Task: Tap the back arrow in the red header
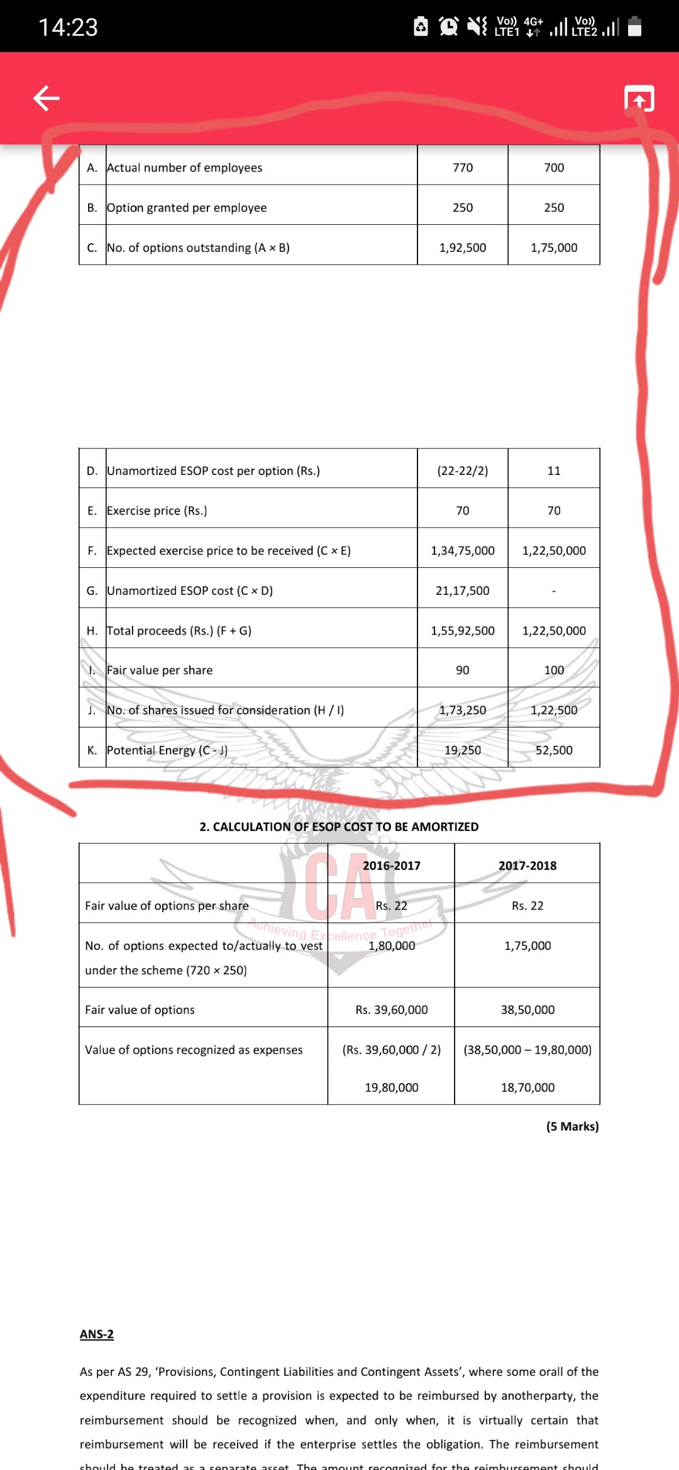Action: click(x=47, y=98)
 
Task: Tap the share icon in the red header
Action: click(x=639, y=99)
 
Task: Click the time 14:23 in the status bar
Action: click(x=68, y=27)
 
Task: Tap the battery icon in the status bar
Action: click(x=635, y=26)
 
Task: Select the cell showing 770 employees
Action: click(x=463, y=168)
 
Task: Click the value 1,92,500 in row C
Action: click(x=463, y=248)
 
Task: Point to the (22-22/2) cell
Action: click(x=463, y=471)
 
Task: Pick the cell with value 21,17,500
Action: click(x=463, y=591)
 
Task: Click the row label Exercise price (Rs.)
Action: click(x=157, y=511)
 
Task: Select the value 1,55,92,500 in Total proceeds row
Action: click(x=463, y=631)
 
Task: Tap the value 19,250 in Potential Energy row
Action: click(x=463, y=750)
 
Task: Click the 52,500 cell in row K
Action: click(x=554, y=750)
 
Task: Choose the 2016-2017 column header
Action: click(x=392, y=866)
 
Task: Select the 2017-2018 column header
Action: click(x=527, y=866)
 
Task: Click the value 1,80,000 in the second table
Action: click(x=392, y=945)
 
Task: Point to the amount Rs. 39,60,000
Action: click(x=392, y=1010)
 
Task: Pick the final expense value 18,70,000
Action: click(x=527, y=1087)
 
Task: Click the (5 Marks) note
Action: click(x=572, y=1126)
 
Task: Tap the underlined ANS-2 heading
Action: click(x=97, y=1334)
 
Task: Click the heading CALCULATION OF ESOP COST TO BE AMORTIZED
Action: click(x=339, y=827)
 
